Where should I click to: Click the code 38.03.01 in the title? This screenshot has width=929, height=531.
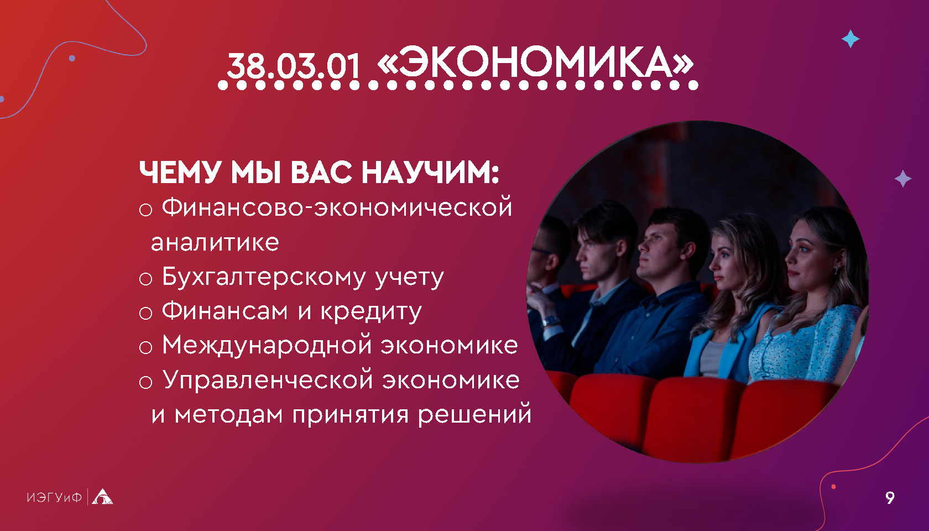294,65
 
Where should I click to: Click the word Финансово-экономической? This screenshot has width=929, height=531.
337,207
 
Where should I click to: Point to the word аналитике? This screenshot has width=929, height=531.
215,243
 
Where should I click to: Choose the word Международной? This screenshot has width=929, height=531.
267,346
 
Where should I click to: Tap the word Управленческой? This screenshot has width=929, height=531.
268,380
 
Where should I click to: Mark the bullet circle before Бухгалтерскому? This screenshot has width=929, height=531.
145,279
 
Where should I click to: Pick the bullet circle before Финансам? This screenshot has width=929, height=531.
145,313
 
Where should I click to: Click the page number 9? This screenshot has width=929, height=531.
890,497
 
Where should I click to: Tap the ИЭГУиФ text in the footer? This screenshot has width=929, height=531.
54,497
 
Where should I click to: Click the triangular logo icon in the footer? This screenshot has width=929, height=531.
102,497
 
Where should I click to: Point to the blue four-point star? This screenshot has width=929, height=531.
850,39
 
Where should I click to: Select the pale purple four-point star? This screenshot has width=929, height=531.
903,179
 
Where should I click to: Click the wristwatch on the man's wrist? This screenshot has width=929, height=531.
550,321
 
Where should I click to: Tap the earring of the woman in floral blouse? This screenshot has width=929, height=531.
836,270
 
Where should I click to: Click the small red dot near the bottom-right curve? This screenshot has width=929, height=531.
834,487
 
